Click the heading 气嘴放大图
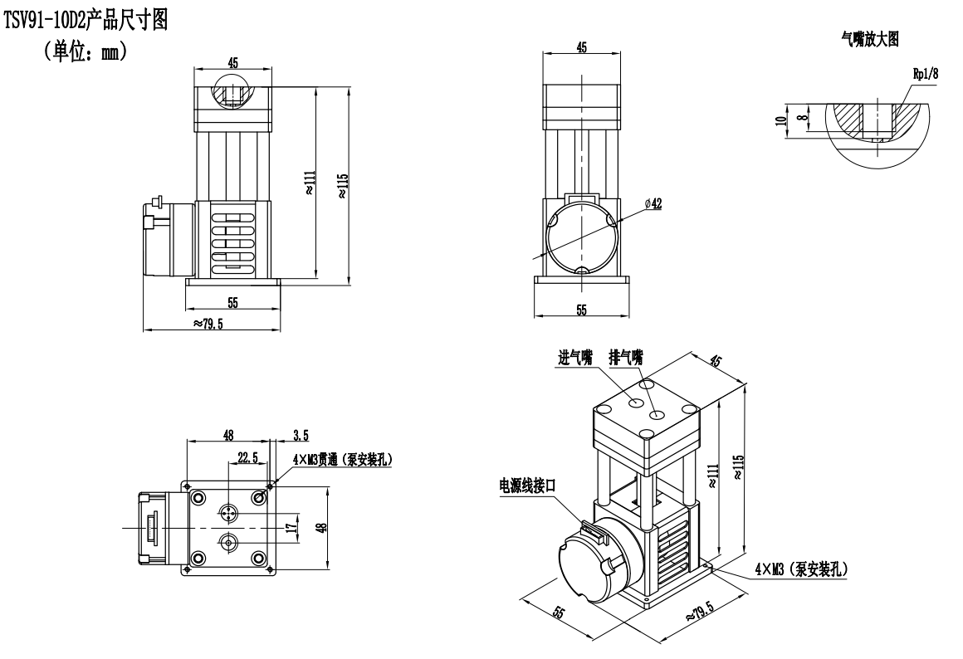pyautogui.click(x=869, y=41)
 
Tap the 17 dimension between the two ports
pyautogui.click(x=291, y=528)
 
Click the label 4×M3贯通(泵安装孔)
pyautogui.click(x=340, y=459)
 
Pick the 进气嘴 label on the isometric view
pyautogui.click(x=574, y=358)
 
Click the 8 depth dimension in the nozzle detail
pyautogui.click(x=799, y=118)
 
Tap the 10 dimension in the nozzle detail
pyautogui.click(x=780, y=120)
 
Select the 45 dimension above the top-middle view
pyautogui.click(x=581, y=48)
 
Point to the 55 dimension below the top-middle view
pyautogui.click(x=581, y=309)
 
